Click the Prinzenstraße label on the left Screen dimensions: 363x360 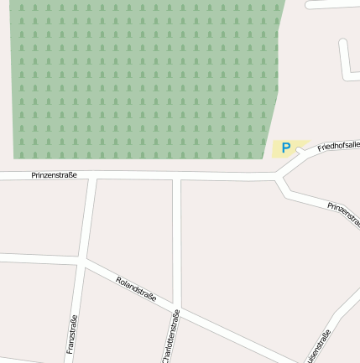click(54, 175)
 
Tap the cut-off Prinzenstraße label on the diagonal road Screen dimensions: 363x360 click(343, 209)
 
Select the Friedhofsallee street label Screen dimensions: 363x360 click(338, 147)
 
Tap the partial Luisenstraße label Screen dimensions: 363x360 click(320, 345)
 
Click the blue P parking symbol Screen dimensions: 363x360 click(286, 148)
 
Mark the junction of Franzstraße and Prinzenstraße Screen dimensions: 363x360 click(92, 176)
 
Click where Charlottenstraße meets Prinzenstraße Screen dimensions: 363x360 click(177, 176)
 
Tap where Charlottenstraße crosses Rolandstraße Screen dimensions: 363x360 click(177, 309)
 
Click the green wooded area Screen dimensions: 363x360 click(143, 80)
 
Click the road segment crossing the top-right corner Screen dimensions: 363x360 click(331, 3)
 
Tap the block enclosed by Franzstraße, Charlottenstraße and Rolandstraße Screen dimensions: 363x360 click(131, 226)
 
